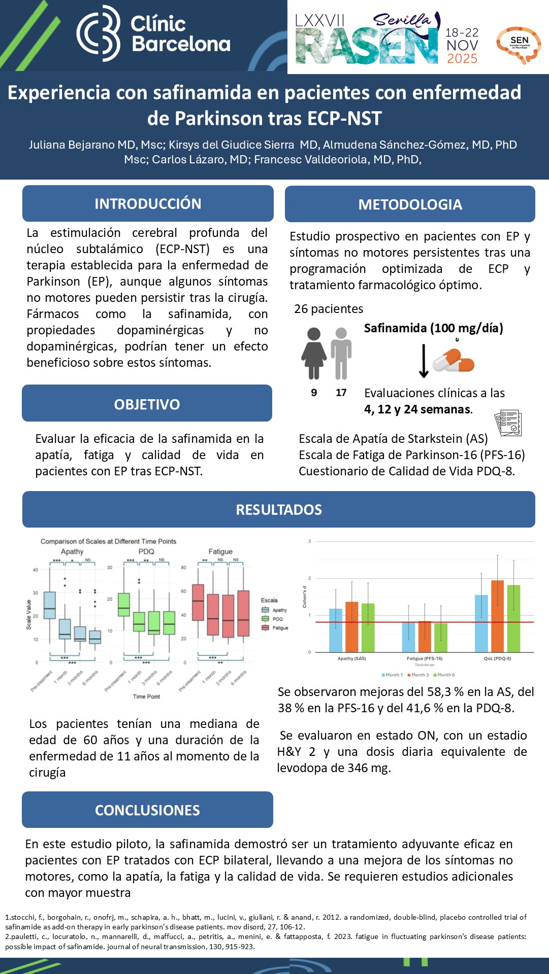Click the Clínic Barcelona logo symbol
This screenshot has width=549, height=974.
99,33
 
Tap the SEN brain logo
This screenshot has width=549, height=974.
519,44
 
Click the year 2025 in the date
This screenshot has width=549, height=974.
462,59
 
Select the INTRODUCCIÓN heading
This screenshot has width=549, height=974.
148,203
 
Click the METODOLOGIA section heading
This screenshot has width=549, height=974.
410,204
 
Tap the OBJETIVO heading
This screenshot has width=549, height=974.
147,404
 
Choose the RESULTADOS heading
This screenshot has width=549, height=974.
279,509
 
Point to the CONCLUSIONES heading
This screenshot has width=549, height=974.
147,810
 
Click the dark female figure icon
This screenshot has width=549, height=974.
314,353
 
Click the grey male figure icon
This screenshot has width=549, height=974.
341,353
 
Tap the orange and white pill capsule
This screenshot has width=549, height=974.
453,361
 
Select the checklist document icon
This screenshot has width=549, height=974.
508,423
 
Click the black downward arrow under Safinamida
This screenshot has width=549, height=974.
424,361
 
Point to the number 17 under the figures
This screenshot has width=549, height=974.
341,393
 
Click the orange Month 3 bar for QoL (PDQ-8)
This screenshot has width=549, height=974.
497,616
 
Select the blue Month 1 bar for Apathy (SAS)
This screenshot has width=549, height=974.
336,630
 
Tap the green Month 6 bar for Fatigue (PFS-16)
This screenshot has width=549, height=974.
441,638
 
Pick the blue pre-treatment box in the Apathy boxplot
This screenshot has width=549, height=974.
50,605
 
